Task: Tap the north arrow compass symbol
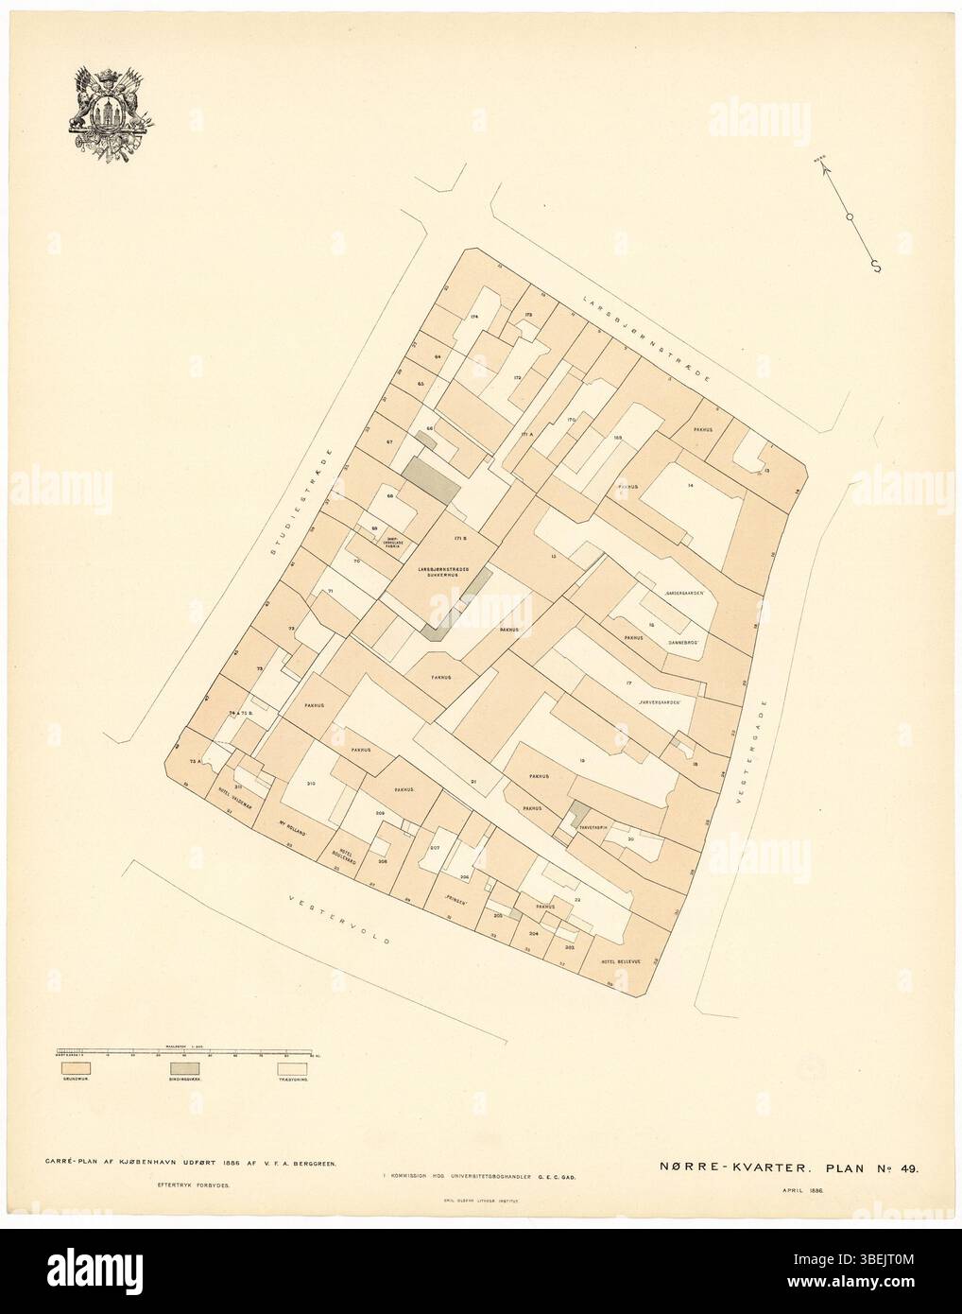(850, 216)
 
